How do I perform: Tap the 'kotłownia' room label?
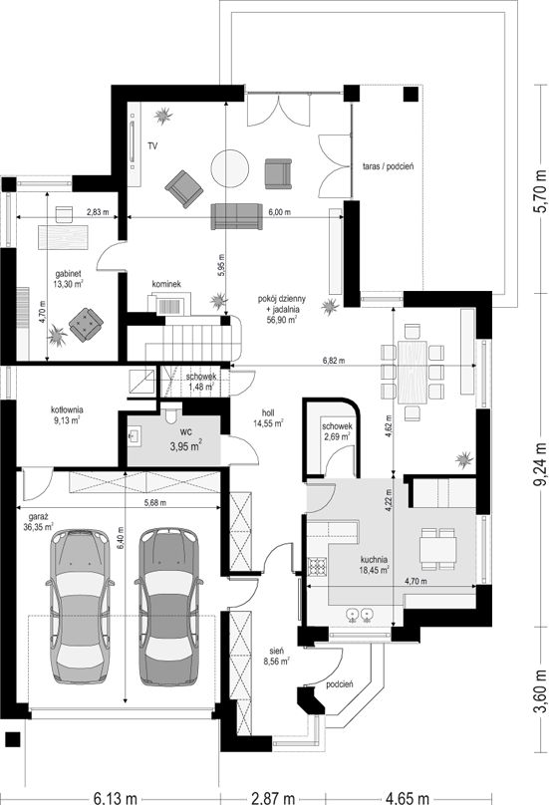pos(67,410)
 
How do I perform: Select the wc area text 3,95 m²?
pos(185,446)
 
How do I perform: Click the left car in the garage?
pos(80,607)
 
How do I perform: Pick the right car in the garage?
pos(169,607)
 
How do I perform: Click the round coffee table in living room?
pos(230,168)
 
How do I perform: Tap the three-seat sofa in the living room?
pos(237,216)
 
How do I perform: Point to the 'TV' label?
pos(152,146)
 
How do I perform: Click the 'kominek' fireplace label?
pos(166,284)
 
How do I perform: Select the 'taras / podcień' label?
pos(389,166)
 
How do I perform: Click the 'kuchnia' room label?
pos(374,560)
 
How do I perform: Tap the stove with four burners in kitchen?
pos(317,566)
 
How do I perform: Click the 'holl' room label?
pos(268,412)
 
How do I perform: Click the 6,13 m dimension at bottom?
pos(115,798)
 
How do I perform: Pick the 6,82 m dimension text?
pos(334,361)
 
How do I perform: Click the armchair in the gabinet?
pos(86,325)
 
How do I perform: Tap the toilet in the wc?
pos(171,414)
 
